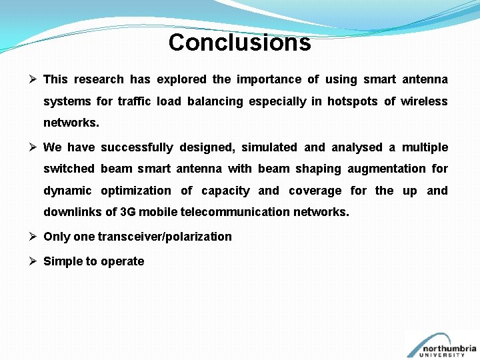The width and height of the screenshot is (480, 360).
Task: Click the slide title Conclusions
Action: tap(239, 43)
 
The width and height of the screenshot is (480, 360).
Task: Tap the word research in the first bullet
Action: tap(99, 79)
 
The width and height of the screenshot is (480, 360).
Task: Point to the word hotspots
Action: tap(353, 101)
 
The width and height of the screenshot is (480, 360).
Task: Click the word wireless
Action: tap(424, 101)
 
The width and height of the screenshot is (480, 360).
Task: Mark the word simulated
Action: tap(269, 147)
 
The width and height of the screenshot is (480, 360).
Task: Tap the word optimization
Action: tap(136, 191)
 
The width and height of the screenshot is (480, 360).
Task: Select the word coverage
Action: tap(315, 191)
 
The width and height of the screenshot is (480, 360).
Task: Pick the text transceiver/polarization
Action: tap(165, 237)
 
